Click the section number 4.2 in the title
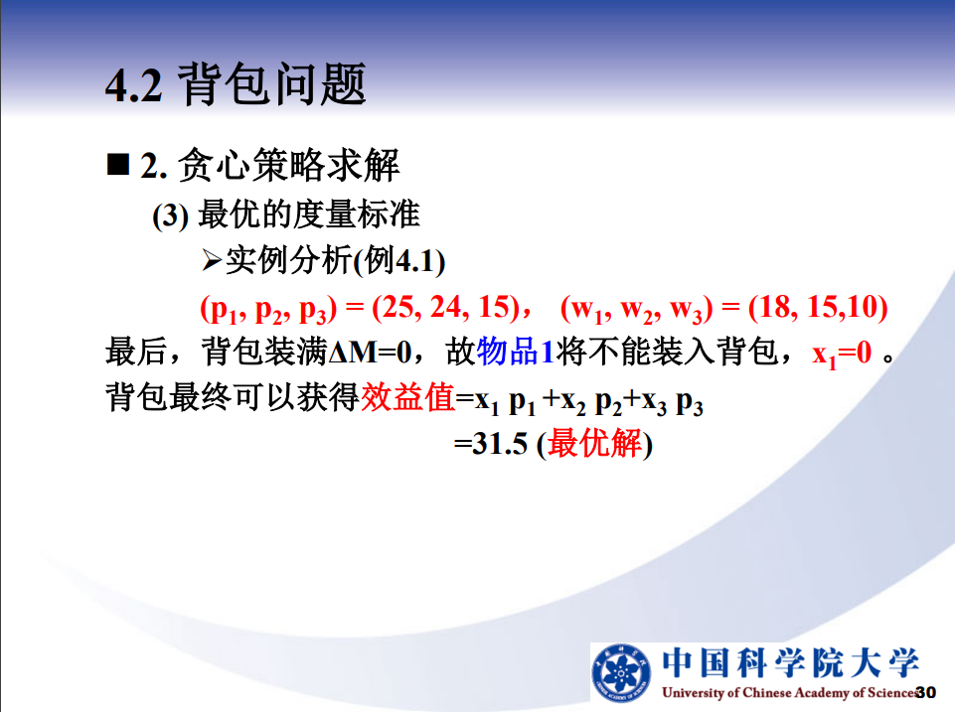133,85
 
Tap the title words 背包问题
271,84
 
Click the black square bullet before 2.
117,164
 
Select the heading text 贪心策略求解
289,165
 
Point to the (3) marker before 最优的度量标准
171,216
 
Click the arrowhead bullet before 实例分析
212,260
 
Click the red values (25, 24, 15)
446,307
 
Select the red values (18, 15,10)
817,307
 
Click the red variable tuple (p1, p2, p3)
268,309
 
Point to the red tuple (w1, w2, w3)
637,309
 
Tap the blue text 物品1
515,352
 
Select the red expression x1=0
843,354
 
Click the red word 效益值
408,397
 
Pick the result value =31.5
491,443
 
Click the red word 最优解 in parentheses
594,443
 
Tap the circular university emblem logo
621,673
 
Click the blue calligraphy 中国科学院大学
790,662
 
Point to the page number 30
926,692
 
